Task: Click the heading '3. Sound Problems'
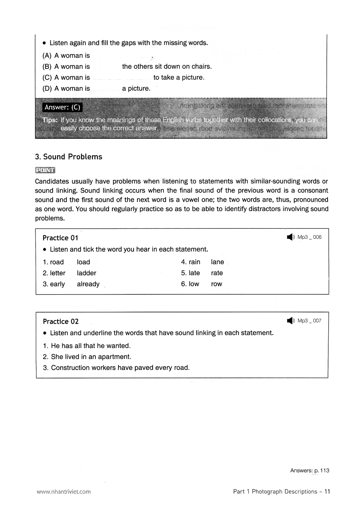click(x=69, y=157)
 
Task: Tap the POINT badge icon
click(x=45, y=170)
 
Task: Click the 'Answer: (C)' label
click(x=62, y=107)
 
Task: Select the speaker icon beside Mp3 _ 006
click(x=291, y=237)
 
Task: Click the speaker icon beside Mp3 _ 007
click(x=291, y=321)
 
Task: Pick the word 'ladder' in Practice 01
click(x=86, y=273)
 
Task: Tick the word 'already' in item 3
click(x=88, y=284)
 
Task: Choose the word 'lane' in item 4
click(x=217, y=262)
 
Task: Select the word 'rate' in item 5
click(x=217, y=273)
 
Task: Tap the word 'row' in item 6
click(x=216, y=284)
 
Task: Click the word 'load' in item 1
click(x=84, y=262)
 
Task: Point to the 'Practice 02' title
click(x=60, y=321)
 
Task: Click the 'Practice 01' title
click(x=60, y=238)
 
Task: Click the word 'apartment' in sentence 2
click(x=115, y=357)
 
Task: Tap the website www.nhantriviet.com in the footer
click(x=63, y=491)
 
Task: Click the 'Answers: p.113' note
click(x=309, y=470)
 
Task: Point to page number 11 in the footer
click(x=327, y=491)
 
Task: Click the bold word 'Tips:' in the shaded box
click(x=50, y=120)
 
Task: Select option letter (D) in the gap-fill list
click(x=47, y=89)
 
